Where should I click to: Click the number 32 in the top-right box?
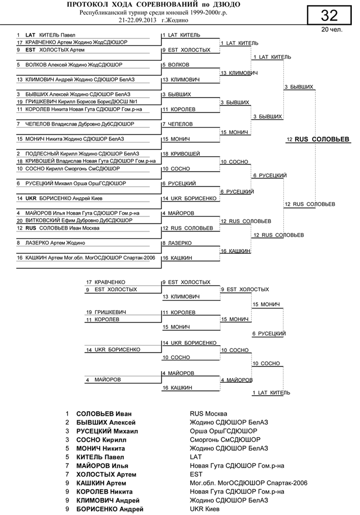point(329,16)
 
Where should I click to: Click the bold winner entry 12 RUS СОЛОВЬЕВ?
point(318,139)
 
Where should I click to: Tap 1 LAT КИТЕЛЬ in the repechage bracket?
point(271,393)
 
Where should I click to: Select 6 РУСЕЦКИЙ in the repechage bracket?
point(269,334)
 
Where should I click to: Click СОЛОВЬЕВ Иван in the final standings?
point(104,414)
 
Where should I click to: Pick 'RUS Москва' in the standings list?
point(208,414)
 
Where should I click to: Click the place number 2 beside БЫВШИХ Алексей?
point(67,423)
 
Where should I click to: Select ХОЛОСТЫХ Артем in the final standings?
point(106,475)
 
